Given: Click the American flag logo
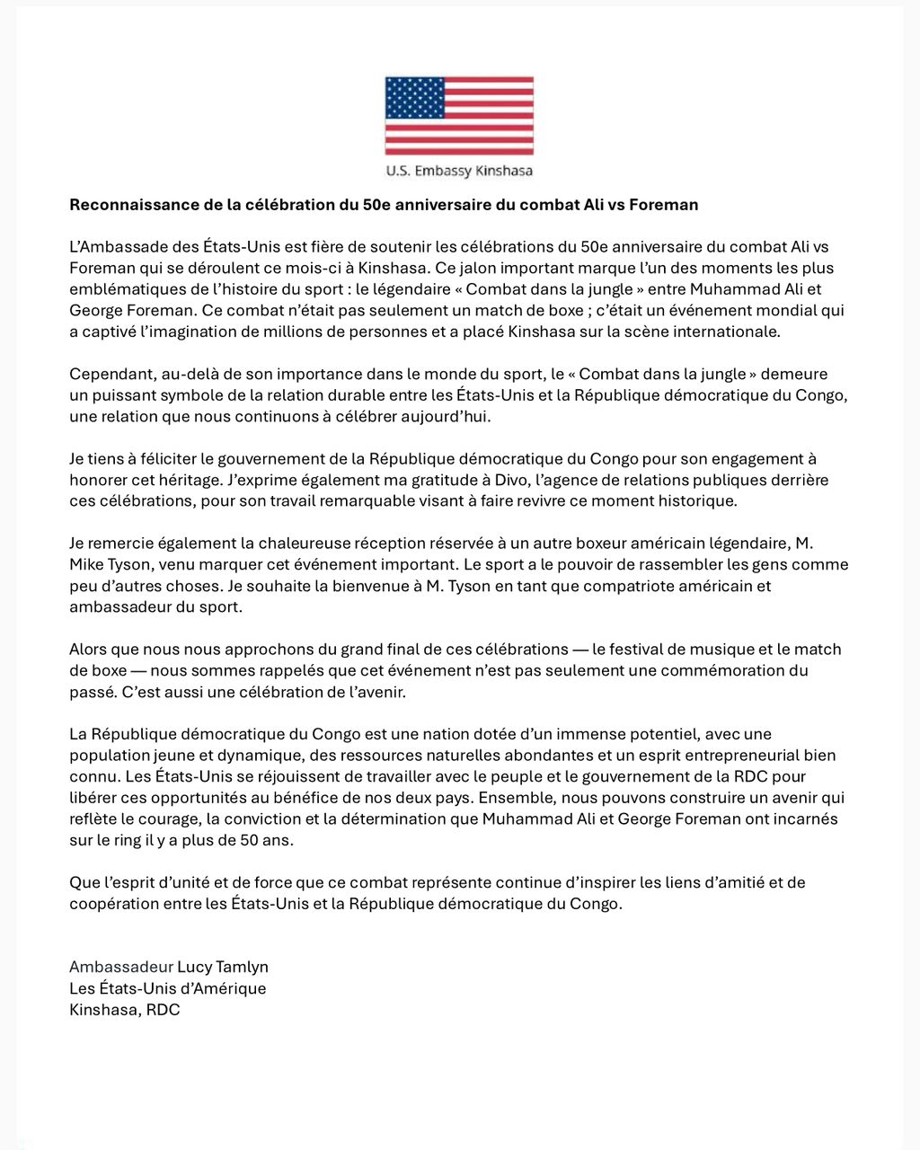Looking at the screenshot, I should [x=459, y=115].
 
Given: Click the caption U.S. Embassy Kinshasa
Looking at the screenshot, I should [x=459, y=171].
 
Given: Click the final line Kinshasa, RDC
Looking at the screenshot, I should [x=125, y=1010].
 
